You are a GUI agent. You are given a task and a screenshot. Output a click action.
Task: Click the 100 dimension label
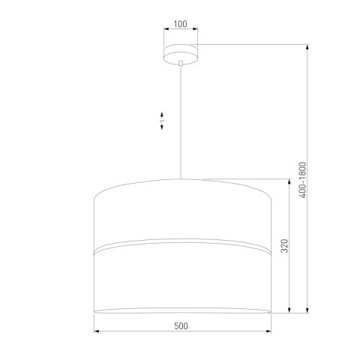click(180, 23)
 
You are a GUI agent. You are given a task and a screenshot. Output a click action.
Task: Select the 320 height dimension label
click(283, 246)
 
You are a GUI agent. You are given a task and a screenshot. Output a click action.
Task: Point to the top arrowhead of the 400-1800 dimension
click(310, 46)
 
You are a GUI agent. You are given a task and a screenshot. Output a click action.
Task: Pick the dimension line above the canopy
click(180, 31)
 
